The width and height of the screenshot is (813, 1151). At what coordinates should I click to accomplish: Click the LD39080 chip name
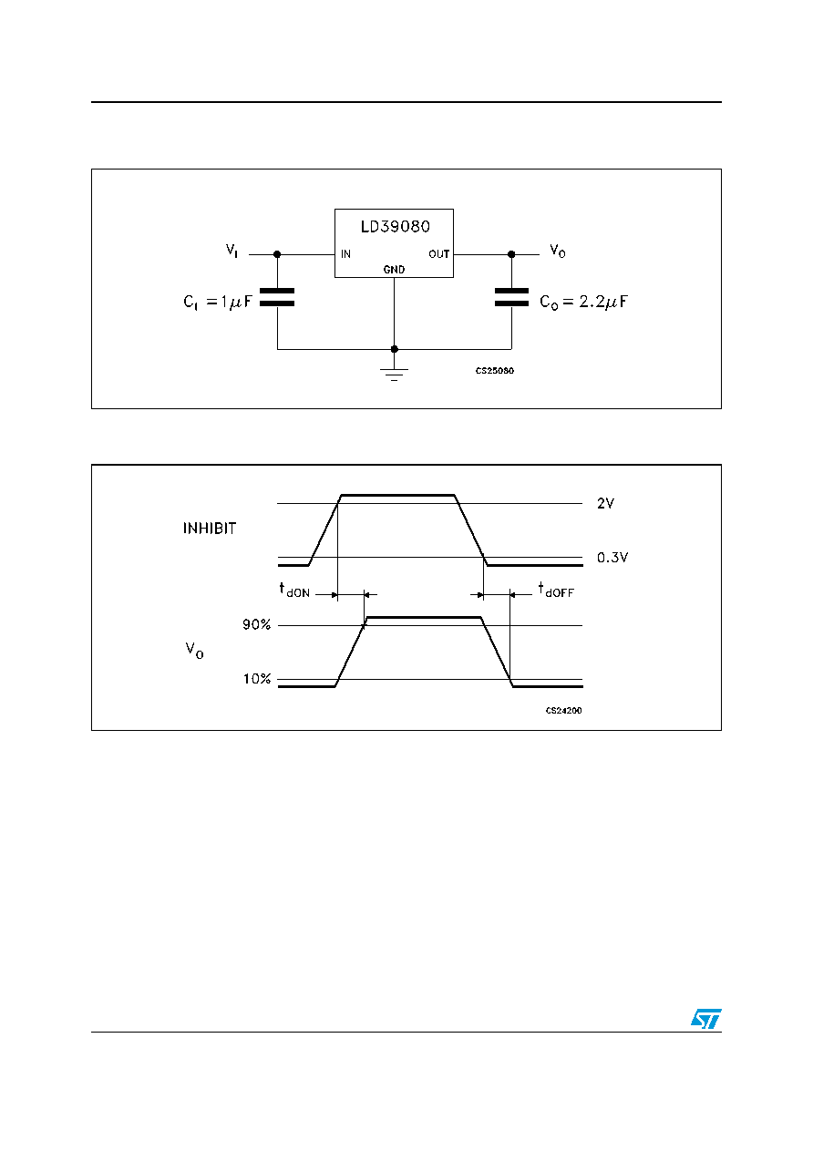tap(395, 227)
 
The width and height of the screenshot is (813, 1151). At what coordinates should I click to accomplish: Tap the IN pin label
tap(345, 254)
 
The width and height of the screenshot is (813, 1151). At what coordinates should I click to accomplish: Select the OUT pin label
tap(439, 254)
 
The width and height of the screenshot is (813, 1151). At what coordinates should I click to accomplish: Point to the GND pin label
tap(394, 269)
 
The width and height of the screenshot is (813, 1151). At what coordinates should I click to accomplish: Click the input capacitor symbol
tap(277, 297)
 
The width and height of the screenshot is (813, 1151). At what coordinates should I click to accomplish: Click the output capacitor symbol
tap(511, 297)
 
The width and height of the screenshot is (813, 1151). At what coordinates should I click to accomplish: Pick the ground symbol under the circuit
tap(394, 374)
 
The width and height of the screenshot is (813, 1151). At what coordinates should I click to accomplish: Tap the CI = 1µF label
tap(218, 302)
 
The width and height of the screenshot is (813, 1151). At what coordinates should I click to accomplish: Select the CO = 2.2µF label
tap(584, 302)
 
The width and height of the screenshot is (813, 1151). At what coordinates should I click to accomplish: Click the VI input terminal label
tap(232, 251)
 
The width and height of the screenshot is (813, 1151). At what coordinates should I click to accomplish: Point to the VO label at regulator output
tap(558, 251)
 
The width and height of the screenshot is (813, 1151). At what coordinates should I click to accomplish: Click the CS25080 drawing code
tap(494, 371)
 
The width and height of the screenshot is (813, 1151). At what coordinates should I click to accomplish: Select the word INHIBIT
tap(210, 529)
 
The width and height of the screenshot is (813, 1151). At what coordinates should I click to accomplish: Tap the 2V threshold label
tap(605, 503)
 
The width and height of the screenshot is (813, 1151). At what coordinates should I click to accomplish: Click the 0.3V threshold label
tap(612, 558)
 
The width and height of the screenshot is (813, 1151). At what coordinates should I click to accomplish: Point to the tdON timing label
tap(294, 590)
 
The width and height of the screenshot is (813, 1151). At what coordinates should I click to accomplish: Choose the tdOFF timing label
tap(556, 590)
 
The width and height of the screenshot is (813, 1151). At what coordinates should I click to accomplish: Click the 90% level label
tap(256, 624)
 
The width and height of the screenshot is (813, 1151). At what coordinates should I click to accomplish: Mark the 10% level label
tap(257, 679)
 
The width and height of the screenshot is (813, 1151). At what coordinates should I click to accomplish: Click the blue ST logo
tap(706, 1019)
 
